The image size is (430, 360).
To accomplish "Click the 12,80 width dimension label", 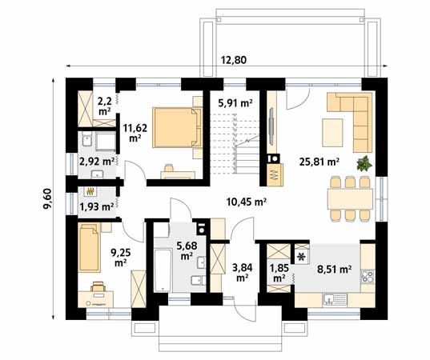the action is pyautogui.click(x=234, y=60).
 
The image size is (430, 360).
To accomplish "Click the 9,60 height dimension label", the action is pyautogui.click(x=47, y=199).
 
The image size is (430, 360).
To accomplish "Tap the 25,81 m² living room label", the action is pyautogui.click(x=319, y=162).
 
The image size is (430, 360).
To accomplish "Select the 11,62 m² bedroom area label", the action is pyautogui.click(x=135, y=133).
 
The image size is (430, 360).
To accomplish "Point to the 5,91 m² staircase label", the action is pyautogui.click(x=235, y=103).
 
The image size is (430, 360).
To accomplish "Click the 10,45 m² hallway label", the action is pyautogui.click(x=247, y=202).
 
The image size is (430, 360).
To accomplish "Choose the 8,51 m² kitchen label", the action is pyautogui.click(x=334, y=270).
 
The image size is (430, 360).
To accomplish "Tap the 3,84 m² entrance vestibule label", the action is pyautogui.click(x=242, y=272).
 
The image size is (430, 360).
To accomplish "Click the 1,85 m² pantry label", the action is pyautogui.click(x=279, y=273).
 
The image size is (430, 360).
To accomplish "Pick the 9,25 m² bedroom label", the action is pyautogui.click(x=120, y=258).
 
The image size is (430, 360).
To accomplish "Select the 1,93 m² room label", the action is pyautogui.click(x=97, y=206).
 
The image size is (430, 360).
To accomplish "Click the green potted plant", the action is pyautogui.click(x=364, y=163).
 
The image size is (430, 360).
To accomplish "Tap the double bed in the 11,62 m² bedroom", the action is pyautogui.click(x=177, y=127).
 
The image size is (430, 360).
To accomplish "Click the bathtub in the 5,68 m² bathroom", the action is pyautogui.click(x=163, y=270).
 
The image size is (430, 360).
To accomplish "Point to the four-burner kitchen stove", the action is pyautogui.click(x=368, y=276).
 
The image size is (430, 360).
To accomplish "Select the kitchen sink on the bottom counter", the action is pyautogui.click(x=335, y=300).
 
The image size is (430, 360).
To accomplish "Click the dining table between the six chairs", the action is pyautogui.click(x=350, y=198).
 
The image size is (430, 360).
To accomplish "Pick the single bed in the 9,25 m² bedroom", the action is pyautogui.click(x=89, y=248).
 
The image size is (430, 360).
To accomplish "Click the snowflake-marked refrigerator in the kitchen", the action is pyautogui.click(x=302, y=257).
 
